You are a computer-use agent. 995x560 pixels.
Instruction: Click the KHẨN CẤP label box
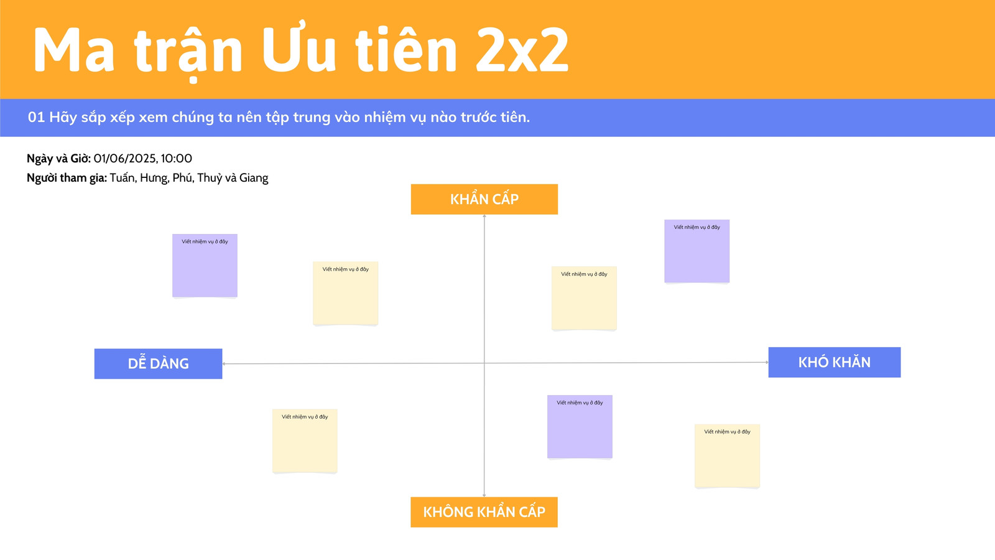(484, 199)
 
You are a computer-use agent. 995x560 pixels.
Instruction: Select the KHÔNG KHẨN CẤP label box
(484, 512)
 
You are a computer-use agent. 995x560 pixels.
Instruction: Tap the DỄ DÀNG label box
(158, 363)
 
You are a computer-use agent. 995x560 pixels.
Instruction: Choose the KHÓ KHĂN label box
(835, 362)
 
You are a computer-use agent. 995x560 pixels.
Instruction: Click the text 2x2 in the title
(522, 50)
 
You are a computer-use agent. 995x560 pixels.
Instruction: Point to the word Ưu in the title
(298, 48)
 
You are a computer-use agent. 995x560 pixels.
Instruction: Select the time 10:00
(177, 159)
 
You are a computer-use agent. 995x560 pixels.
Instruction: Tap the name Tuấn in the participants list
(122, 178)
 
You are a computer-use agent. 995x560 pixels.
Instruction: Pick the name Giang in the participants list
(254, 178)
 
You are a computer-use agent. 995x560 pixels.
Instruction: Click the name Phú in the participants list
(183, 178)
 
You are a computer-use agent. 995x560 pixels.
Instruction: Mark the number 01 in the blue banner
(37, 118)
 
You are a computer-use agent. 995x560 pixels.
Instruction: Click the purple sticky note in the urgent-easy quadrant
(205, 265)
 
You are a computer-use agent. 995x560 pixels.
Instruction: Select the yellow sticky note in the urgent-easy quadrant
(346, 293)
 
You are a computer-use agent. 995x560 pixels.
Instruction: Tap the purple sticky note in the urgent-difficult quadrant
(697, 251)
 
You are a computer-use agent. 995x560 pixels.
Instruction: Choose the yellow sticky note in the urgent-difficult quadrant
(584, 298)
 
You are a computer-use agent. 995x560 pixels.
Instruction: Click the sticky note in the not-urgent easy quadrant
(305, 441)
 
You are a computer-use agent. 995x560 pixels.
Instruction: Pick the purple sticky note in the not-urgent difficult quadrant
(580, 427)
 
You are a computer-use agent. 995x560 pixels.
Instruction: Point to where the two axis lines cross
(484, 363)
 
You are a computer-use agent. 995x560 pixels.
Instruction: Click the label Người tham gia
(67, 178)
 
